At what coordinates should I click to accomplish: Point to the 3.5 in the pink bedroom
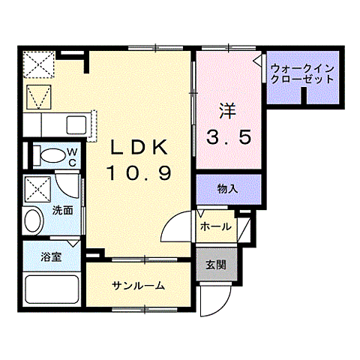228,137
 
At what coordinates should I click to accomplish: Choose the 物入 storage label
227,189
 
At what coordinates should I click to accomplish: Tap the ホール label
215,226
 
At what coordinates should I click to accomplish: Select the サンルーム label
139,286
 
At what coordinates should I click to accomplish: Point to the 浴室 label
52,255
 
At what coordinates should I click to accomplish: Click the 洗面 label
62,211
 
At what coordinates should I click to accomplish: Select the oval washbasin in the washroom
34,221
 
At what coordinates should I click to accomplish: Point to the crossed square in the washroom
37,189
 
